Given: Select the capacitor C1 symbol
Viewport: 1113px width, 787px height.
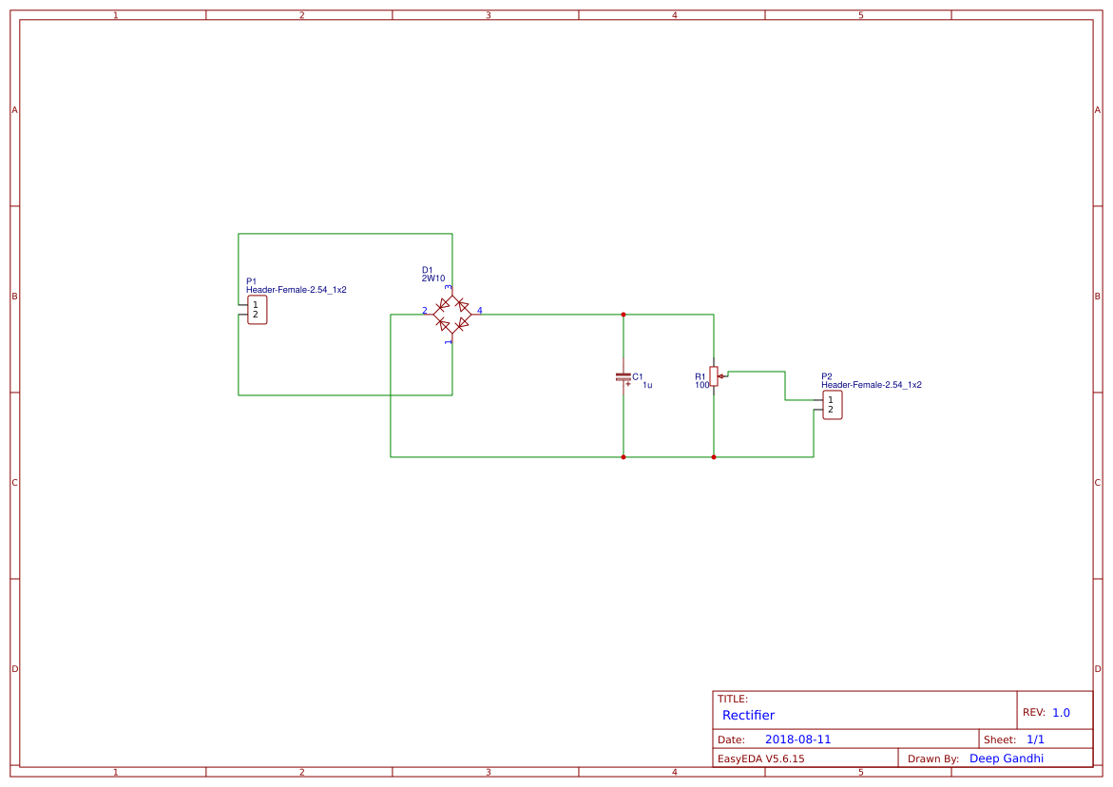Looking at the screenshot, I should (x=624, y=376).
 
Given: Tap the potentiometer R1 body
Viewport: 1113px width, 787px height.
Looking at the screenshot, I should (x=714, y=376).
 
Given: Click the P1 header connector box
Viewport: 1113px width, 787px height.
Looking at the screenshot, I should (x=257, y=310).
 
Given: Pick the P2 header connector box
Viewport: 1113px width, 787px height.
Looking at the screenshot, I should (x=832, y=405).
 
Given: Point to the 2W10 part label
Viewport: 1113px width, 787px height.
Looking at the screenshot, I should (x=433, y=278).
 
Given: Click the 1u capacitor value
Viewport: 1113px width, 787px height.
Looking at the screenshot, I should (x=647, y=385).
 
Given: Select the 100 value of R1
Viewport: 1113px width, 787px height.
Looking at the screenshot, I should (x=701, y=385).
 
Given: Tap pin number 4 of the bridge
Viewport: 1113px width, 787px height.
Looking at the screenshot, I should (x=480, y=311).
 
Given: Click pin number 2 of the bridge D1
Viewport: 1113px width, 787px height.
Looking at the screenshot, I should (x=425, y=311).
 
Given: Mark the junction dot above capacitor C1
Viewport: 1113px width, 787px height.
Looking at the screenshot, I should (x=624, y=314).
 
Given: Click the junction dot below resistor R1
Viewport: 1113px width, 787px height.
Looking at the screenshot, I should (x=714, y=457).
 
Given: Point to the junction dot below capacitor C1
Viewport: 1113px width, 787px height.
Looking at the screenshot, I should (x=624, y=457).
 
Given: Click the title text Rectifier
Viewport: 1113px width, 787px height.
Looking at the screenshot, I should (x=748, y=715).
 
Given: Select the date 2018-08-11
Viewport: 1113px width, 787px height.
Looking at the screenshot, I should (x=797, y=739).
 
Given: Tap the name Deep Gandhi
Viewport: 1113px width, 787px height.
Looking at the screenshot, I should (x=1006, y=758).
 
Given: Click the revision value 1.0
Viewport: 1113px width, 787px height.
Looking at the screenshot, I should (x=1061, y=712).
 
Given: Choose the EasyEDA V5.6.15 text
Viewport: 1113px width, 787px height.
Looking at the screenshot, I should (x=760, y=758).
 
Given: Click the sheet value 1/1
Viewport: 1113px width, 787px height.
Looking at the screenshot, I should (x=1035, y=739).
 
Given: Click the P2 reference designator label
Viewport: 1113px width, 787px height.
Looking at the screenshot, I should (x=827, y=376).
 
